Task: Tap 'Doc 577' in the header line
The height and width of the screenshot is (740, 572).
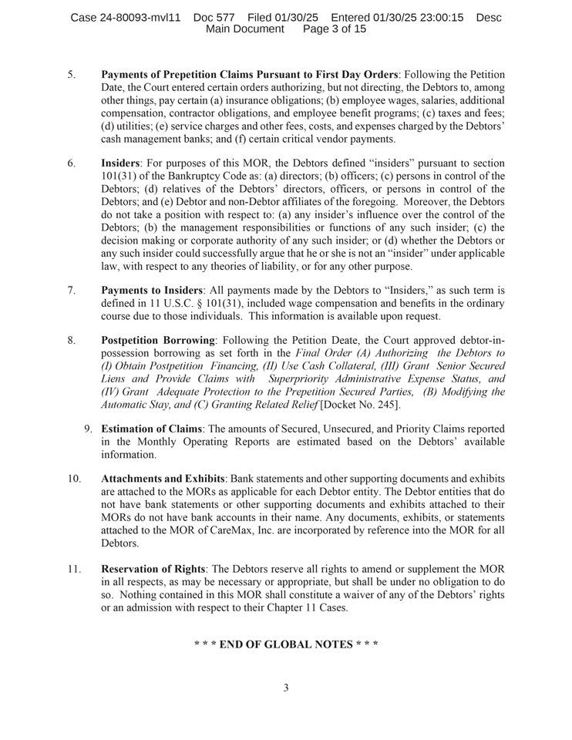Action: pos(217,16)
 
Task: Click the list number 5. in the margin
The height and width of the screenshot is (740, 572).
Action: pos(71,76)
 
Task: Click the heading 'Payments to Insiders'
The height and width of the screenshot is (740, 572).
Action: pos(152,291)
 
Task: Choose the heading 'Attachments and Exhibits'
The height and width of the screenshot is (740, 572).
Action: pos(163,479)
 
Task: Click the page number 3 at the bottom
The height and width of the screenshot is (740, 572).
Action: pos(286,688)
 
